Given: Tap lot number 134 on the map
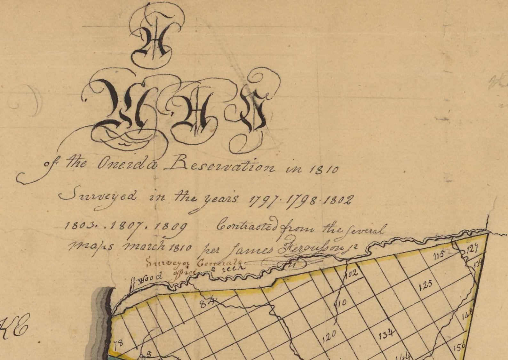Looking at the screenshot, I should coord(386,335).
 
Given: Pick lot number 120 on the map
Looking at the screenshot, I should coord(329,337).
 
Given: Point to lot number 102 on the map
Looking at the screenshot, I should coord(351,274).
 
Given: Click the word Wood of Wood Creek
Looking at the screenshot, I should coord(149,279).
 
